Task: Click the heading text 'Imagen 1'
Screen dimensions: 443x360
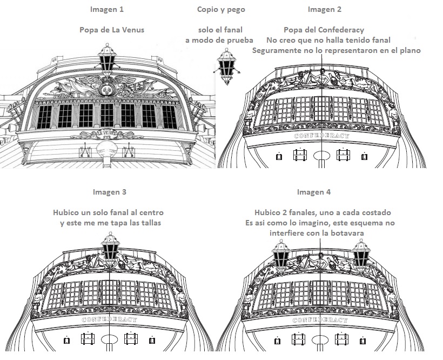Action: tap(107, 9)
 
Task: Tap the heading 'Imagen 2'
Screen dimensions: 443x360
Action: tap(325, 9)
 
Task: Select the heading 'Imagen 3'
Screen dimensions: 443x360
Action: tap(110, 192)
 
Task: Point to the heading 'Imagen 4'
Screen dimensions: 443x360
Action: tap(313, 192)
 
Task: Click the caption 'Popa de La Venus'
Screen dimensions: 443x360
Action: tap(112, 30)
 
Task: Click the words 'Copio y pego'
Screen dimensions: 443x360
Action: tap(221, 10)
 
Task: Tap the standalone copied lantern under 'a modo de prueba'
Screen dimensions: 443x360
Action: tap(227, 66)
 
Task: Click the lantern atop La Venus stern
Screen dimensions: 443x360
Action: tap(107, 60)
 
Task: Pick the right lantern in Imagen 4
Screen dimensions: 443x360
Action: tap(361, 256)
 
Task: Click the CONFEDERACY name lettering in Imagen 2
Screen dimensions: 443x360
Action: tap(321, 136)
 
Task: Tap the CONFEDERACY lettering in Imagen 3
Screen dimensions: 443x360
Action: tap(109, 319)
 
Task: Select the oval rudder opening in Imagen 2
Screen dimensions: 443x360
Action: tap(321, 156)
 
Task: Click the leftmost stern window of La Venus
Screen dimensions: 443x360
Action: tap(44, 117)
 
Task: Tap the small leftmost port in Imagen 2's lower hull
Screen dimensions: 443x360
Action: tap(279, 156)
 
